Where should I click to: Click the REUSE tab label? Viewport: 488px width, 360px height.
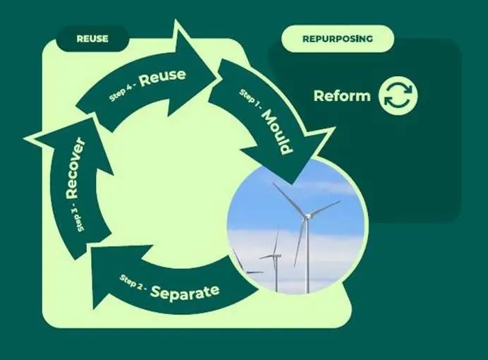[92, 39]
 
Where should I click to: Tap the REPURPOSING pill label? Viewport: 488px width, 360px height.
[337, 39]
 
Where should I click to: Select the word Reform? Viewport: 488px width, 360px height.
[341, 96]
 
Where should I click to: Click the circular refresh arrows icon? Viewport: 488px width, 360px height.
[398, 96]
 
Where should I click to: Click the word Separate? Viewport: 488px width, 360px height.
[185, 290]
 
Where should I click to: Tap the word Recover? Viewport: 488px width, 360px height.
[75, 168]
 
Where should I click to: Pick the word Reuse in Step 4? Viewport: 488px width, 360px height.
[162, 77]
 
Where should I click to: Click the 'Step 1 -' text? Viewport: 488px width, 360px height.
[249, 100]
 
